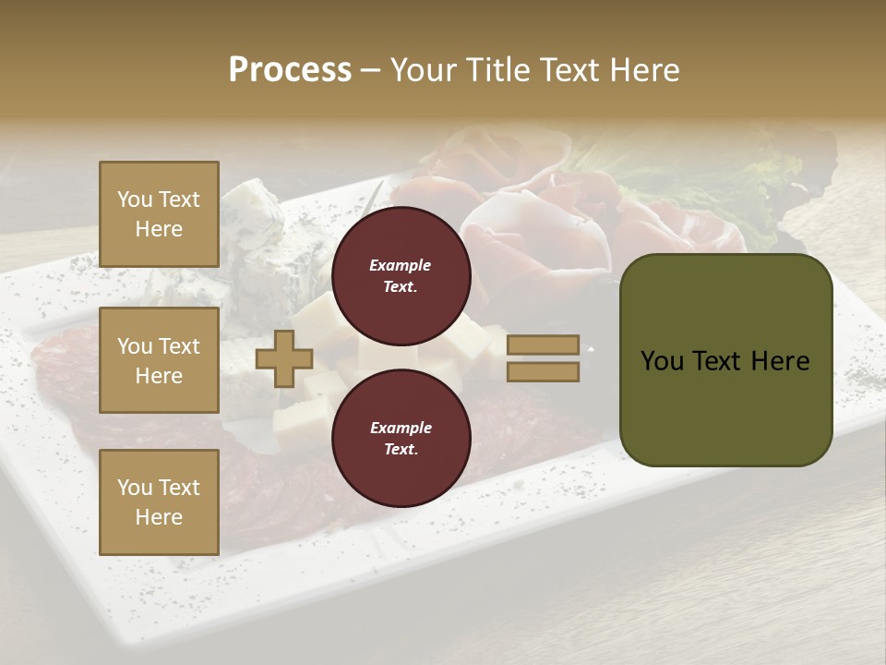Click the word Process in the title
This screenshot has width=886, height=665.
coord(290,70)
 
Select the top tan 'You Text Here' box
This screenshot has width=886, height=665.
coord(159,214)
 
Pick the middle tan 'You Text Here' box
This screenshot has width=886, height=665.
coord(159,360)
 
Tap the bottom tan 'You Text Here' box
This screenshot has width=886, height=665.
coord(159,502)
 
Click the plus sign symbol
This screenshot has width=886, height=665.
coord(284,358)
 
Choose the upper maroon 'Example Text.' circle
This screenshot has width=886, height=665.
coord(401,275)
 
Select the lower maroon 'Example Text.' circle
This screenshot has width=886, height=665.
coord(401,438)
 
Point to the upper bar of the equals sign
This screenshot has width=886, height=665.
coord(544,345)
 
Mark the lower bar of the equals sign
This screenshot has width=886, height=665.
coord(544,372)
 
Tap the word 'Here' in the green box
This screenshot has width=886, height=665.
coord(780,361)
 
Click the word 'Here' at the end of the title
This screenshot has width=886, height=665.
coord(644,70)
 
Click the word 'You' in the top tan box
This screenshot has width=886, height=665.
coord(134,199)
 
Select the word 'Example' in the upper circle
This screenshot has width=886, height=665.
coord(401,265)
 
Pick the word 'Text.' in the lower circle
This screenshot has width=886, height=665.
coord(401,449)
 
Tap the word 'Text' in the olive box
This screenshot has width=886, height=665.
coord(717,361)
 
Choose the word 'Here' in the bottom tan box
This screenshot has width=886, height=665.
coord(159,517)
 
